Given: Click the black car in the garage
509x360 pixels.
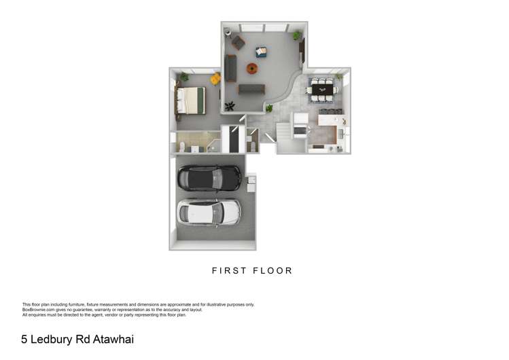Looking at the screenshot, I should tap(209, 178).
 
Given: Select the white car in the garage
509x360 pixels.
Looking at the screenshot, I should tap(209, 211).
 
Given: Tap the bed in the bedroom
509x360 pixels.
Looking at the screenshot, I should tap(190, 101).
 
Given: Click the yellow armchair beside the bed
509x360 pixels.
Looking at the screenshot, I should tap(215, 79).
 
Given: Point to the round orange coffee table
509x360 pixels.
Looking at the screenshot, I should tap(252, 68).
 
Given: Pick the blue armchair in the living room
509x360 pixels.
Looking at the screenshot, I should tap(261, 51).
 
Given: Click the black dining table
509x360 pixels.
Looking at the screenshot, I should tap(322, 90).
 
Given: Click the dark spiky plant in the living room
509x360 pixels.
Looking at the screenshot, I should tap(230, 105).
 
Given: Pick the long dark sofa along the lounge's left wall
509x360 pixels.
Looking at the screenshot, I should tap(230, 67).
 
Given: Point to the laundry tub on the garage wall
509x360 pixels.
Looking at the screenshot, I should tap(251, 180).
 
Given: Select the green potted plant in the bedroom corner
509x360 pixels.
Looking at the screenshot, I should tap(183, 77).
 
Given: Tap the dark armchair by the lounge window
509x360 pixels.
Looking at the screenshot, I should tap(238, 43).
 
